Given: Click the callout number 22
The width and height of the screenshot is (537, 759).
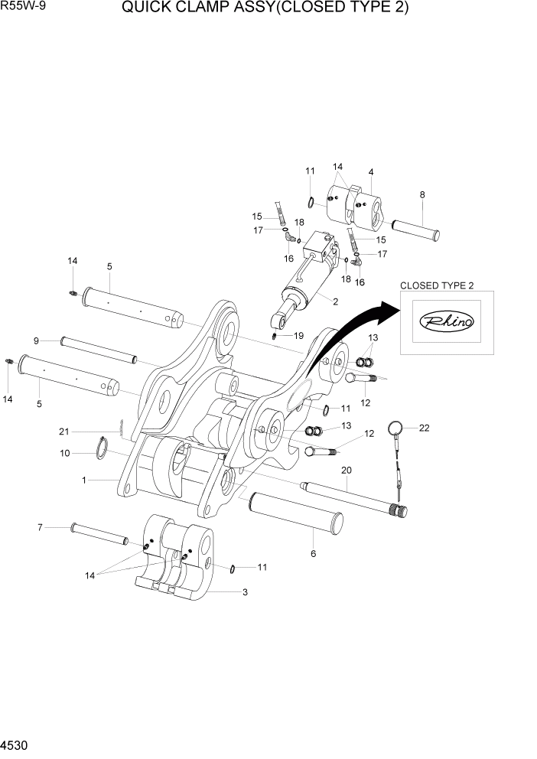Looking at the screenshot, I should pyautogui.click(x=425, y=428).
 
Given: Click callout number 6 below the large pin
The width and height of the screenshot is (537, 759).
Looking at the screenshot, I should pyautogui.click(x=313, y=553).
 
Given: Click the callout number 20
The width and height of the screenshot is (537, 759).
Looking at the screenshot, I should pyautogui.click(x=346, y=469).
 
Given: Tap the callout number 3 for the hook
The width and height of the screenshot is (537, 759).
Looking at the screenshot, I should pyautogui.click(x=245, y=591).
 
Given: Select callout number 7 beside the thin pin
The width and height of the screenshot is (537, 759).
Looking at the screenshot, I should pyautogui.click(x=40, y=526).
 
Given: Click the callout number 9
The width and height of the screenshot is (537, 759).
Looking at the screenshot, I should pyautogui.click(x=36, y=340).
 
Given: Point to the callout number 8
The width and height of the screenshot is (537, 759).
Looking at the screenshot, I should pyautogui.click(x=421, y=195).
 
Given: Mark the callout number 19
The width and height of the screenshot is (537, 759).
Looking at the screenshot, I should pyautogui.click(x=298, y=335).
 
